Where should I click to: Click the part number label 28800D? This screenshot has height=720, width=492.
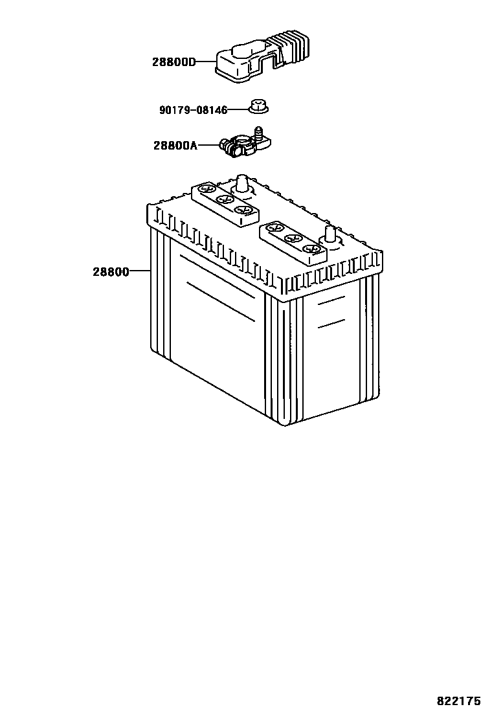click(x=173, y=63)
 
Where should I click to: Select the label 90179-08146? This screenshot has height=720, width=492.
click(x=193, y=110)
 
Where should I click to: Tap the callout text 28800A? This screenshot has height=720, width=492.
click(x=175, y=146)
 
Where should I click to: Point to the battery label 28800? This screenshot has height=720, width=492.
click(x=111, y=272)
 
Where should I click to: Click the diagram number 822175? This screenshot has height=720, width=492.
click(x=458, y=701)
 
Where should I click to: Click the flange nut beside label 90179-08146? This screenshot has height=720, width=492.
click(x=257, y=106)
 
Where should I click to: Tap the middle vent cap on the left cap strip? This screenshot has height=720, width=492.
click(x=225, y=199)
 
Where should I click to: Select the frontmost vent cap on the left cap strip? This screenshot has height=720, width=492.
click(x=243, y=210)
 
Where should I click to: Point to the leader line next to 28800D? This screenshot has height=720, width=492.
click(x=205, y=63)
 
